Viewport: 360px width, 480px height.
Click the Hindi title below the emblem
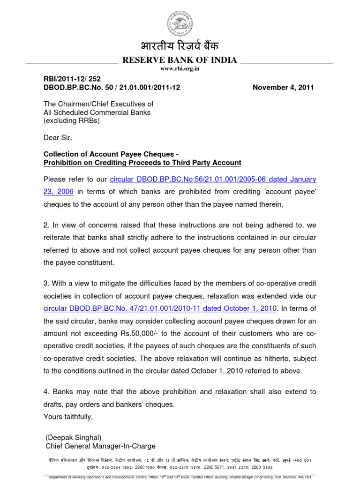pos(180,47)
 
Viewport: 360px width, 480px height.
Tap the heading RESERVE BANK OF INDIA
pos(180,60)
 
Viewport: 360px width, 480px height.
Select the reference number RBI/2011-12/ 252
pos(72,79)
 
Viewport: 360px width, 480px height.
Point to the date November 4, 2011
pos(284,87)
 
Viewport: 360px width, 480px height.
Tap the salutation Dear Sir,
pos(58,138)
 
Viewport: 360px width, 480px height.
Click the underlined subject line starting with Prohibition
pos(142,163)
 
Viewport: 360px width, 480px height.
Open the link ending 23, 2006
pos(59,191)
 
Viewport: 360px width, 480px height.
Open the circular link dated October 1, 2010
pos(160,308)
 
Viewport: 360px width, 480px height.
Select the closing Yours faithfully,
pos(68,416)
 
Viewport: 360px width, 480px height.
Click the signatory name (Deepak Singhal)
pos(74,437)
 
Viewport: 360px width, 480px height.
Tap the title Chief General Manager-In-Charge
pos(100,446)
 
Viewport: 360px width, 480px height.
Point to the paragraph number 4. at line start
pos(46,392)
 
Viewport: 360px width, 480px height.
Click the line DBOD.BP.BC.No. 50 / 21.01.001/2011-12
pos(112,87)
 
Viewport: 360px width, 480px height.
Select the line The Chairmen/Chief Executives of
pos(98,104)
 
